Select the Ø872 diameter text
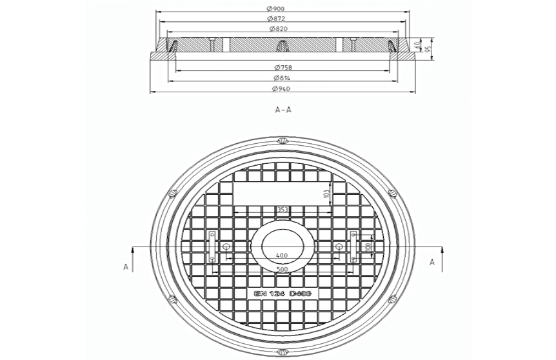click(278, 19)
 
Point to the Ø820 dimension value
click(278, 29)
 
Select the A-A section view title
click(283, 110)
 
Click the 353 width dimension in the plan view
click(282, 210)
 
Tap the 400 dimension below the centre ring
click(282, 256)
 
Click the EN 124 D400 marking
click(283, 294)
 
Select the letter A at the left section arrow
click(126, 265)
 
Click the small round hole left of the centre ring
click(226, 247)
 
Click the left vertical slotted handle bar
click(212, 246)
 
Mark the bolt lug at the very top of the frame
click(282, 141)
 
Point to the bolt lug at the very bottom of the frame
click(282, 352)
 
